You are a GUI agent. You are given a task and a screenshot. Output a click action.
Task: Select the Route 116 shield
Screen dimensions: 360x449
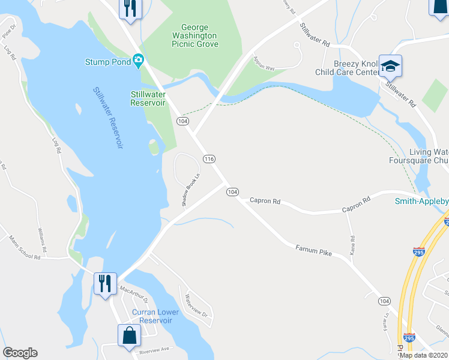[209, 159]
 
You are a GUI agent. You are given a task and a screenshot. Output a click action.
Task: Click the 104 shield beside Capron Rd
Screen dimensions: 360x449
[233, 192]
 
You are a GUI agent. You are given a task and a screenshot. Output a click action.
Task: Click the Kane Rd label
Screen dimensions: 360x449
[352, 245]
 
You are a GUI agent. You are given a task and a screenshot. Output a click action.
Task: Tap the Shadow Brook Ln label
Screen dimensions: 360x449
[191, 188]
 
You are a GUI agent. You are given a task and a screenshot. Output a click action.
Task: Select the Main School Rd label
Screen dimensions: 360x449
[24, 248]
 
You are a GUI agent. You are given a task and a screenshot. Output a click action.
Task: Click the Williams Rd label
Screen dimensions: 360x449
[41, 239]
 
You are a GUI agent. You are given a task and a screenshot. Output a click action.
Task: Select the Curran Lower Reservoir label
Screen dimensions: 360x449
[155, 316]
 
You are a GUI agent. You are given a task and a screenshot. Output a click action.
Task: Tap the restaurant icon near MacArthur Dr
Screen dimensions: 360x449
[105, 282]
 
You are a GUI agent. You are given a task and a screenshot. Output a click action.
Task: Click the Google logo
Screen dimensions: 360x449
[20, 353]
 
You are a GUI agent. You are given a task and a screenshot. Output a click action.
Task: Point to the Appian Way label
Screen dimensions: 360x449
[264, 64]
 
